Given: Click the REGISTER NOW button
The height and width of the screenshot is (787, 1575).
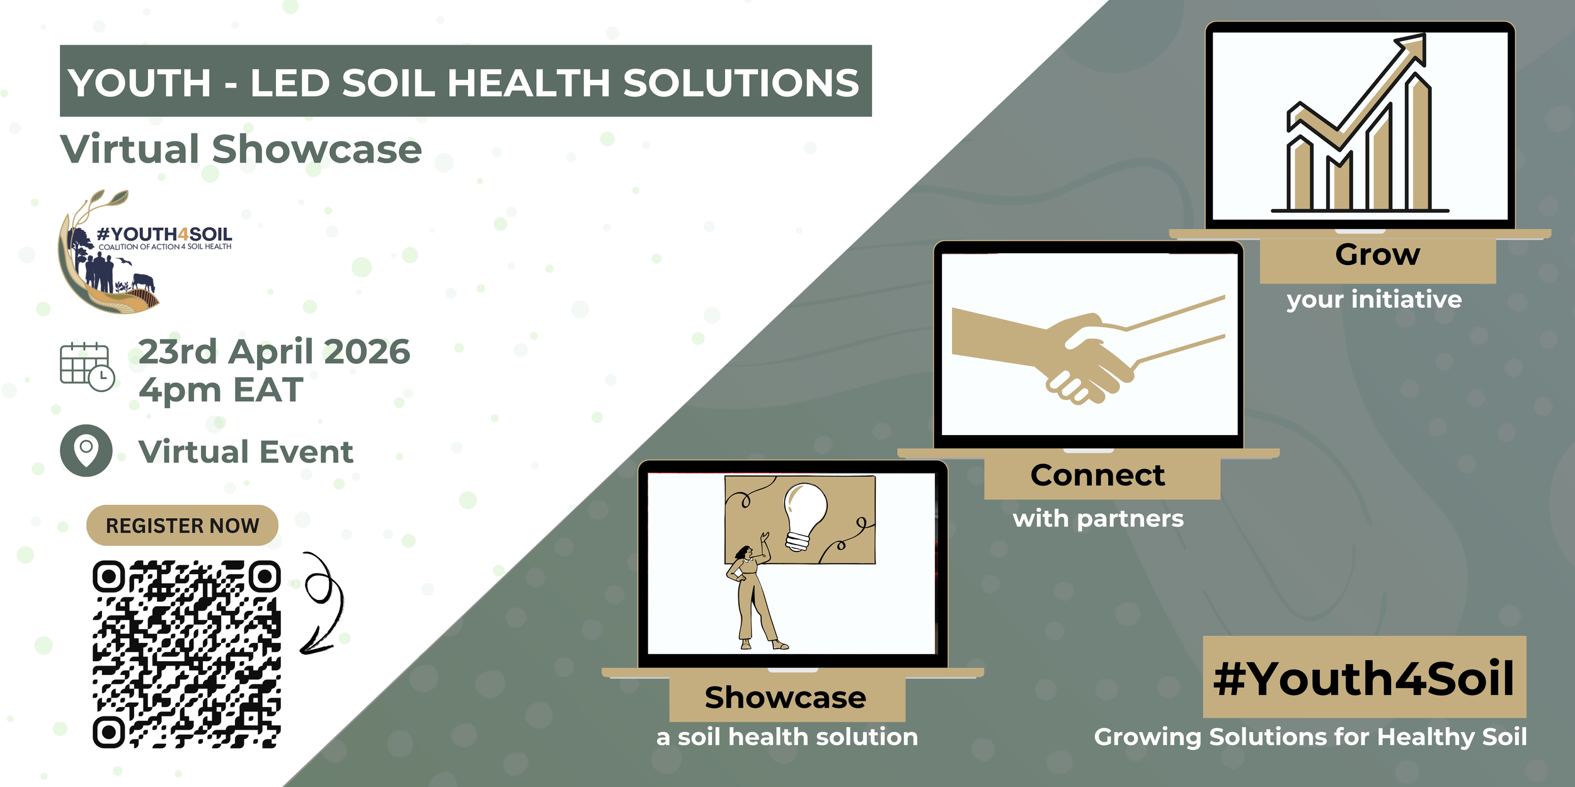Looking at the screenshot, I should [182, 525].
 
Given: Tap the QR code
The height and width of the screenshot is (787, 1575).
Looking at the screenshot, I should [186, 654].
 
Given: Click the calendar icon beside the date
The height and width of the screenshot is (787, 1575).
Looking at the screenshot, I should [87, 367].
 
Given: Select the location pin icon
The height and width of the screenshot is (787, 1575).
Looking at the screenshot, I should [86, 450].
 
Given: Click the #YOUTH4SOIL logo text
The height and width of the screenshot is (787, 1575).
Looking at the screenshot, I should [164, 234].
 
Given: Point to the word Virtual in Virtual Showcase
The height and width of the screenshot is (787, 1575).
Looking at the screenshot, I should [130, 149].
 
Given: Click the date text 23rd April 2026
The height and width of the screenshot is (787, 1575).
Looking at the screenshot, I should [274, 351].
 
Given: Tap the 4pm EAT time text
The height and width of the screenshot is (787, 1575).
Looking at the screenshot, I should [220, 390].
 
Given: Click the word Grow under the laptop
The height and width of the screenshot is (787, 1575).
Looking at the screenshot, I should [1378, 255].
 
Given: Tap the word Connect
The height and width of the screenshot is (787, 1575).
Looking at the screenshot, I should [1097, 475].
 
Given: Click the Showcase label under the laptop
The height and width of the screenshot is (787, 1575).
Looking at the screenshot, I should [786, 698].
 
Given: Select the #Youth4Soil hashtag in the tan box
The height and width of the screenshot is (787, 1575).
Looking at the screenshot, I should [1364, 679].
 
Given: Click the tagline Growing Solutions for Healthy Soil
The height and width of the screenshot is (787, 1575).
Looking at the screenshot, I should [1310, 737].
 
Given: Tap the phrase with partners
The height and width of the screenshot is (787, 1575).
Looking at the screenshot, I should [1098, 519].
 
